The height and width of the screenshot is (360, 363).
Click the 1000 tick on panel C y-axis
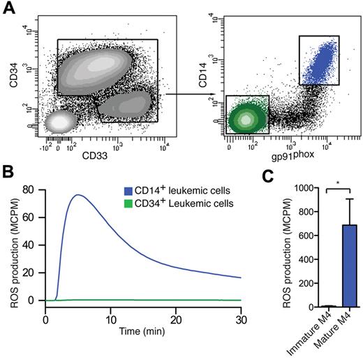click(298, 188)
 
